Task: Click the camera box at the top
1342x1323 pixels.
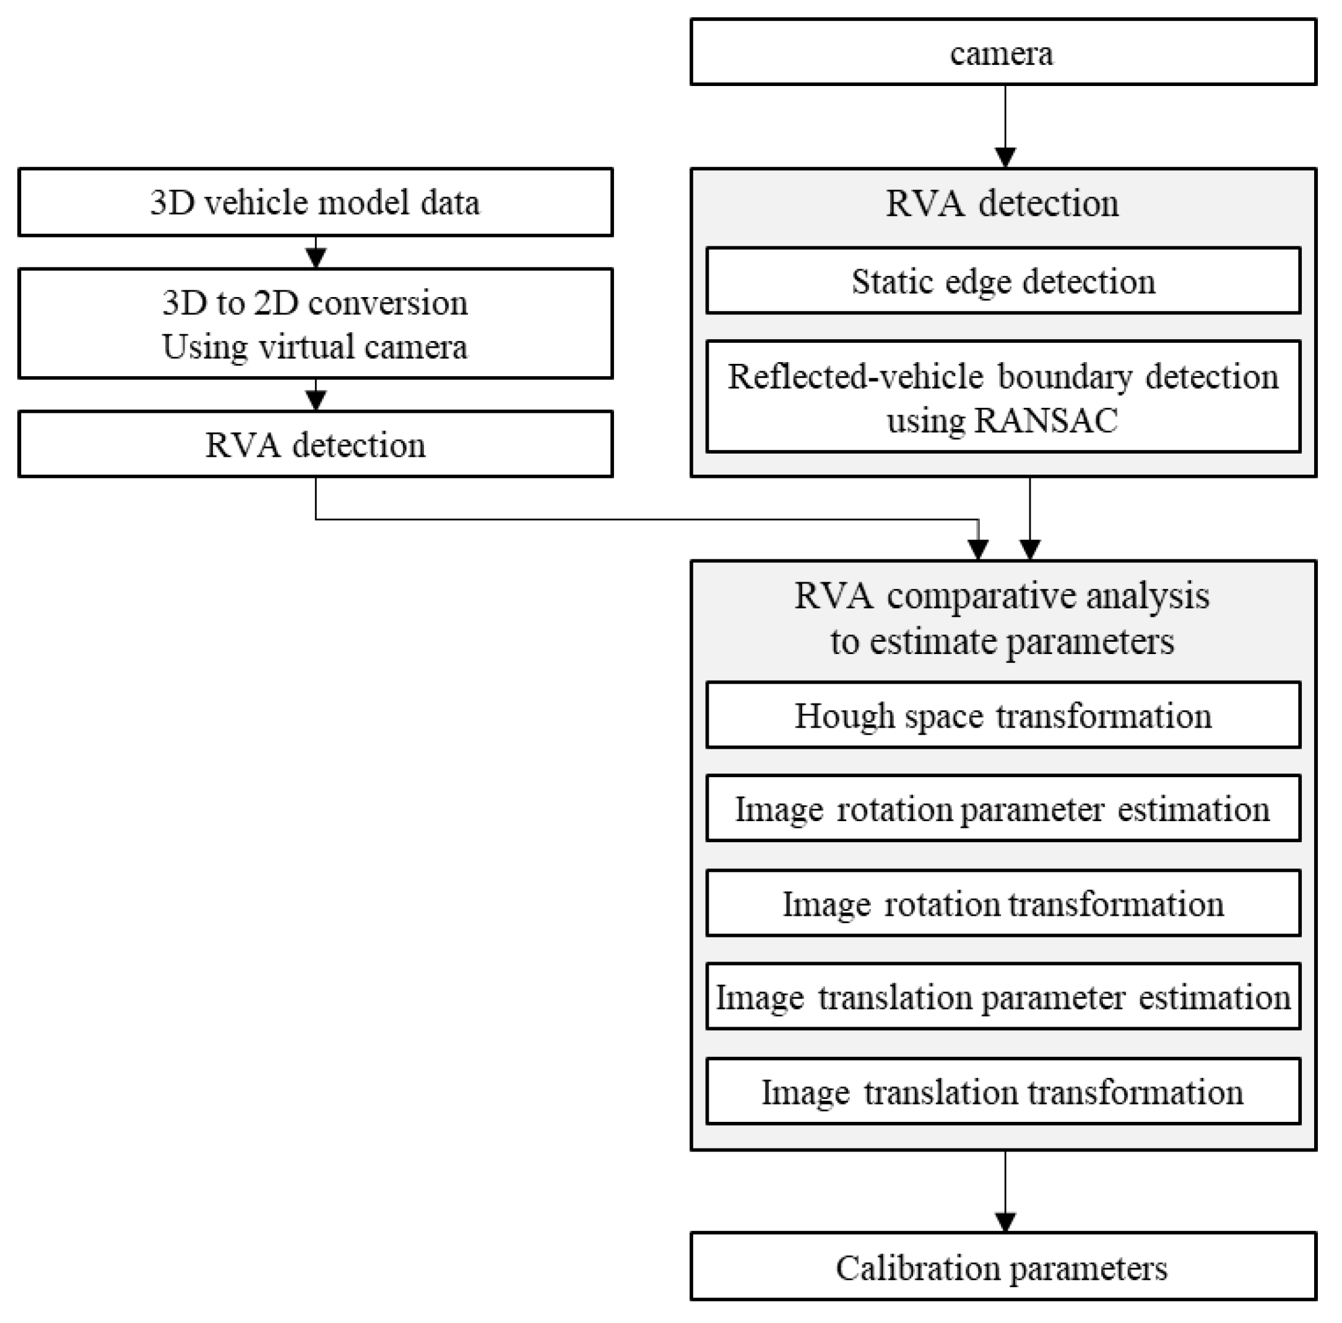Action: (1002, 52)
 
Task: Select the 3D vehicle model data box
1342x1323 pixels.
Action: (315, 202)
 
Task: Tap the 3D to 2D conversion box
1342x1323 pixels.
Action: (315, 323)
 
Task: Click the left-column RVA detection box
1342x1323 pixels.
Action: (315, 444)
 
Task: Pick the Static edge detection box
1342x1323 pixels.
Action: (1002, 280)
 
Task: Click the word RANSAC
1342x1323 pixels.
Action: (1045, 420)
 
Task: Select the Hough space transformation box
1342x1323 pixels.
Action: (1002, 715)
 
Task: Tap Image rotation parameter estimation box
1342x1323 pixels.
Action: (1002, 808)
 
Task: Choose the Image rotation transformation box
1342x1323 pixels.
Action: (1002, 903)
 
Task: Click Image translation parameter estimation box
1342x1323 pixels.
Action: (1002, 997)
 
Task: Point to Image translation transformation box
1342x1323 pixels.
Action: (1002, 1091)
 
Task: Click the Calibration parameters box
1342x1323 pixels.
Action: (1002, 1268)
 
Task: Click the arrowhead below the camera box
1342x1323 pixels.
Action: (1005, 158)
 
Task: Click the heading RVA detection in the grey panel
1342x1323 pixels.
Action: (1002, 204)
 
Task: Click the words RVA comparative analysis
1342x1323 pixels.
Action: (1001, 595)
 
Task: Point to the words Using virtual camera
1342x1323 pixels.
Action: (314, 346)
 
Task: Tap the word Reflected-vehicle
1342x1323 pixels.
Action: (855, 376)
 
